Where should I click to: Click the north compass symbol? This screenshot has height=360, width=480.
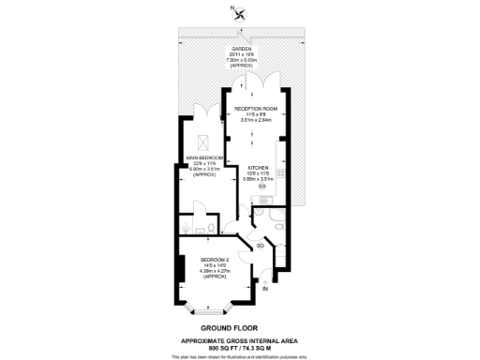(x=241, y=13)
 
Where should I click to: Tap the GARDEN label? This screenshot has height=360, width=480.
(x=241, y=50)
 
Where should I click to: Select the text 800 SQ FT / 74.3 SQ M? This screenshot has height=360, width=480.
(x=240, y=347)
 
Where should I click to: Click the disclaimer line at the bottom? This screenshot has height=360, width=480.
(x=240, y=356)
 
